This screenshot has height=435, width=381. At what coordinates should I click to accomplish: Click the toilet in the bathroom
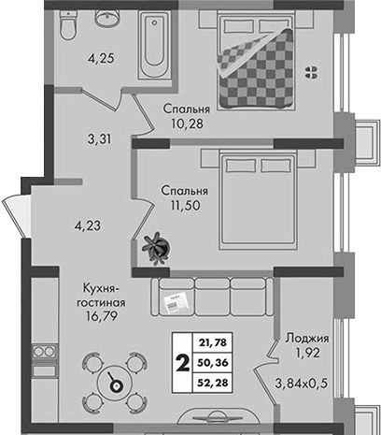(x=67, y=25)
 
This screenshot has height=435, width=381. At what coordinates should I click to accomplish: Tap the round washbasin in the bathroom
(x=107, y=18)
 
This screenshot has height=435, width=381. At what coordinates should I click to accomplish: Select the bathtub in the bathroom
(x=155, y=45)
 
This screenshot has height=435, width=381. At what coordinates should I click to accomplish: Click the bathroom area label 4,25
(x=101, y=58)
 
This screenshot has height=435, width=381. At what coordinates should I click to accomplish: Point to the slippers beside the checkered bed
(x=311, y=72)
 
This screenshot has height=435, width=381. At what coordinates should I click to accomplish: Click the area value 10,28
(x=187, y=123)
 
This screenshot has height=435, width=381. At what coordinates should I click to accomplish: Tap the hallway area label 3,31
(x=99, y=139)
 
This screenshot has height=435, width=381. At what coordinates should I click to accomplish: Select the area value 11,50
(x=185, y=206)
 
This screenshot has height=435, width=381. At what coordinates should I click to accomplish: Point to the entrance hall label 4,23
(x=88, y=225)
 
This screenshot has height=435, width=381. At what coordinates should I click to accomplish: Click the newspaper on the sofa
(x=176, y=302)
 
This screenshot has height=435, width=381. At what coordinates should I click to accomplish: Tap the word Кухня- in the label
(x=101, y=289)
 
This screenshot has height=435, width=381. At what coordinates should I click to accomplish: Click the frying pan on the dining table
(x=115, y=383)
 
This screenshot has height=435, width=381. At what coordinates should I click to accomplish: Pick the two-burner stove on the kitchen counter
(x=45, y=352)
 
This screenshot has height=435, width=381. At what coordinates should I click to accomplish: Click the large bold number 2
(x=183, y=363)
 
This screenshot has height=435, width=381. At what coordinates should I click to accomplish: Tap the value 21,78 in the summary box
(x=213, y=343)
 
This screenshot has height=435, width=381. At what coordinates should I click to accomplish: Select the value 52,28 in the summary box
(x=213, y=382)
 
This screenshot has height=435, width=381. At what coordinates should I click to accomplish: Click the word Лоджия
(x=307, y=339)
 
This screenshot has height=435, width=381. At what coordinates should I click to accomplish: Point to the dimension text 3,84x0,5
(x=301, y=383)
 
